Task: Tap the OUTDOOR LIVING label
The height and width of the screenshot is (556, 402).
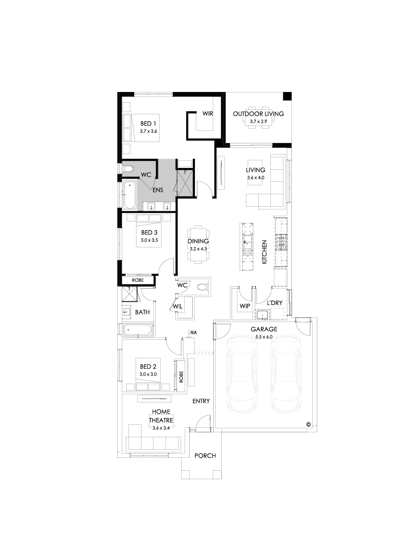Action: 258,114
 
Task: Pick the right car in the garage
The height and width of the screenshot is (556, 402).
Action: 285,375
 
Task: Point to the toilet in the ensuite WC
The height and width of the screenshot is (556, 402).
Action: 128,169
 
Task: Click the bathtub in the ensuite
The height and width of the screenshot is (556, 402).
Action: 130,195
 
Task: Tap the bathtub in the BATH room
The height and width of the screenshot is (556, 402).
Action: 138,330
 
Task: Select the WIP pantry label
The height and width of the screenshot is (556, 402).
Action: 245,306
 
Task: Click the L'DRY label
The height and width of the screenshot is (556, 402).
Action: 274,303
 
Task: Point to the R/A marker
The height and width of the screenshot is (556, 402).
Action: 193,333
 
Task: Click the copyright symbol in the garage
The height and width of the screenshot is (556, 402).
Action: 308,424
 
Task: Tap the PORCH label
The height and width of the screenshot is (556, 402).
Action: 205,456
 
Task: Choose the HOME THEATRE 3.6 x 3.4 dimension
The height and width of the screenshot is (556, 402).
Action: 161,428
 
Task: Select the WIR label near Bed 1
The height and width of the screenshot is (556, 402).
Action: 208,114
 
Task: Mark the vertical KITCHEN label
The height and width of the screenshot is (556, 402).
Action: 264,251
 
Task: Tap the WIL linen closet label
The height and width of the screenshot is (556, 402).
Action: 178,307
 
